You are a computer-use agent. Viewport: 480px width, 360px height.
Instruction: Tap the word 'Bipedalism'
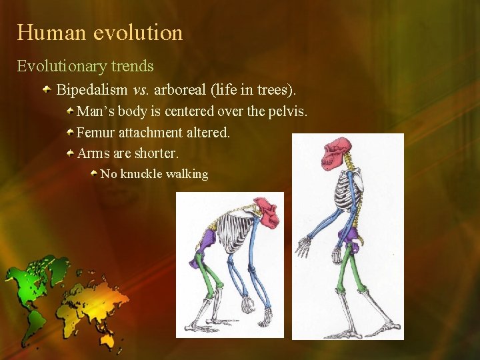91,89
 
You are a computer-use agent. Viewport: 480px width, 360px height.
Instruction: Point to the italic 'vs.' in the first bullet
140,89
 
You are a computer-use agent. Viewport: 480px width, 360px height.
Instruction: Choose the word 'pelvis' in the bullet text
287,111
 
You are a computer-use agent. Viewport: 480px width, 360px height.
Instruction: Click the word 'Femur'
96,133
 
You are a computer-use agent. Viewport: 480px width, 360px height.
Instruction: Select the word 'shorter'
157,154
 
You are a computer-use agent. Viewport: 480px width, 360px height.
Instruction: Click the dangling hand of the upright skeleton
304,246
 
